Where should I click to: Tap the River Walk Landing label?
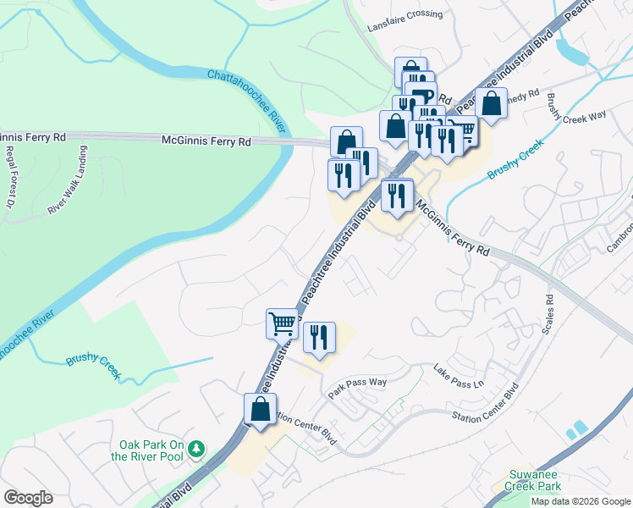pyautogui.click(x=68, y=184)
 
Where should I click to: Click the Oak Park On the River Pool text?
pyautogui.click(x=151, y=450)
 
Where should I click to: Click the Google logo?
pyautogui.click(x=28, y=498)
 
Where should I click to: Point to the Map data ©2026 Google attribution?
pyautogui.click(x=581, y=501)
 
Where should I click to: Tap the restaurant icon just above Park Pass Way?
pyautogui.click(x=320, y=337)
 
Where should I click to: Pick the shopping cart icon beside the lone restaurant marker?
pyautogui.click(x=283, y=323)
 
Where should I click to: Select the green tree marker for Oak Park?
pyautogui.click(x=197, y=446)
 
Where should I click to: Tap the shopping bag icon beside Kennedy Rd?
pyautogui.click(x=491, y=103)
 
